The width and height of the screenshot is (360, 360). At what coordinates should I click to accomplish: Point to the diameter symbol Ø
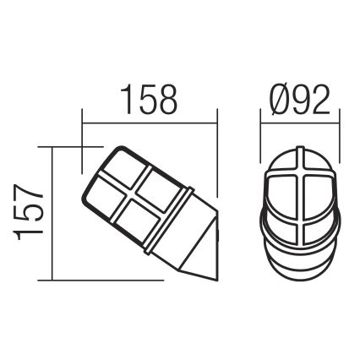tap(275, 101)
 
